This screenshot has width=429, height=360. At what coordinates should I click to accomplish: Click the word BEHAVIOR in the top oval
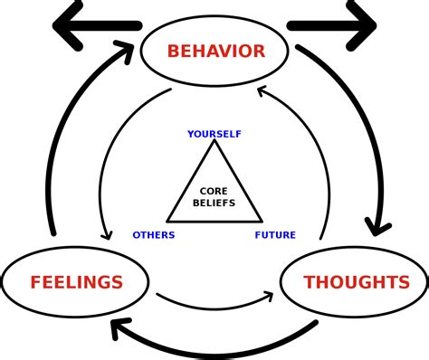(215, 52)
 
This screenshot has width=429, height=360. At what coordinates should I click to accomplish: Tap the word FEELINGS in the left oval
(76, 283)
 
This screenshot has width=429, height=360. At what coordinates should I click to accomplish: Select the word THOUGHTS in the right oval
(357, 283)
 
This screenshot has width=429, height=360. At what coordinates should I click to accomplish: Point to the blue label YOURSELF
(214, 134)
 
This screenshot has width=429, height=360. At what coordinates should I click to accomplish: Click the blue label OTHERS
(154, 235)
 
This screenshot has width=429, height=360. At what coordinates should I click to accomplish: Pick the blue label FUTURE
(275, 235)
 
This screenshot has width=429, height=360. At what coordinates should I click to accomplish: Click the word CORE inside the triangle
(214, 192)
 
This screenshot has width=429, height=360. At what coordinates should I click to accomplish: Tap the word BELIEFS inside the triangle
(214, 204)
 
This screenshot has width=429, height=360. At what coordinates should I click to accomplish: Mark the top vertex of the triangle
(214, 140)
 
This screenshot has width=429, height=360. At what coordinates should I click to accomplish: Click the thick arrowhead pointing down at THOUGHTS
(377, 226)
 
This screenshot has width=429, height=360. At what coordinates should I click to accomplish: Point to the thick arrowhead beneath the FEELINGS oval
(119, 327)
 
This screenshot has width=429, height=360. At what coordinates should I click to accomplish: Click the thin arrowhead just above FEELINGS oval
(107, 234)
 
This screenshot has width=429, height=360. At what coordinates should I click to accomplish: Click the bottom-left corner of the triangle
(168, 221)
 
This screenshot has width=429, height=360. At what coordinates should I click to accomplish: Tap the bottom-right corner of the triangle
(261, 221)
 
